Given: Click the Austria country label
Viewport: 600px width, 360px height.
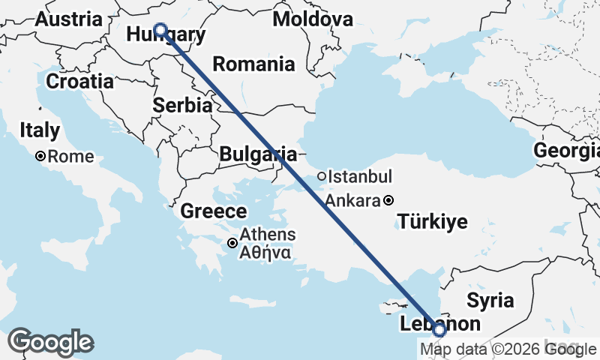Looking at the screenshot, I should pos(69,19).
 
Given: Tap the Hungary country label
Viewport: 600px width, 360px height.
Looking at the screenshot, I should pos(166,35).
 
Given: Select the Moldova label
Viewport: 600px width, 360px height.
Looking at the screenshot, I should pos(313,19).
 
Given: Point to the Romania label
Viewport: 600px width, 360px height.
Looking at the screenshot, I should pos(253,64).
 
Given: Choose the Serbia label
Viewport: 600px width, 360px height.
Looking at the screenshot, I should pos(181,106).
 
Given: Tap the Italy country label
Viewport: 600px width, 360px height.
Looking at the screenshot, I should pos(40,130).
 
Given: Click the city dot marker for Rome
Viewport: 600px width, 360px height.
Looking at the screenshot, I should pos(40,157).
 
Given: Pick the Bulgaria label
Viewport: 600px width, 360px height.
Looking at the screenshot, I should pos(257,154).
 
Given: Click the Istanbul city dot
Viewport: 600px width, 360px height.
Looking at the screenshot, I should pos(321,177).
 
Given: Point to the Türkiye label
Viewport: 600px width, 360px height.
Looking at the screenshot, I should pos(433,221).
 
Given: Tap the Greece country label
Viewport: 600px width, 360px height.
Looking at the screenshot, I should pos(213,211).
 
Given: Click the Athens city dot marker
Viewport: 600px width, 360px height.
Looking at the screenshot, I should pos(233,243).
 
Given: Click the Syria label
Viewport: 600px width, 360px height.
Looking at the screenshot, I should pos(490,301).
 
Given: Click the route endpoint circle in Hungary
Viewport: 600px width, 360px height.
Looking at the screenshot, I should pos(160,30).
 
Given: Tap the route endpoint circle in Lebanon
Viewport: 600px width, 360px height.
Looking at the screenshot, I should pos(439,329).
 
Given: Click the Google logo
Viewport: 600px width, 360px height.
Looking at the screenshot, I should pos(50,342).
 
